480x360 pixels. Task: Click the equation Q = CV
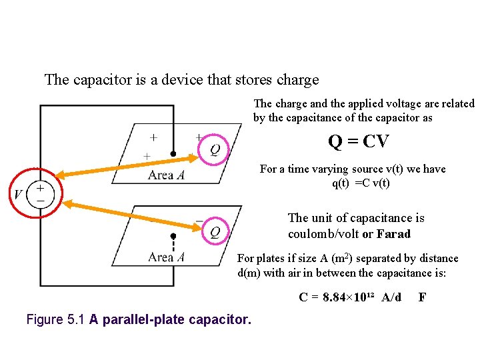[x=358, y=142]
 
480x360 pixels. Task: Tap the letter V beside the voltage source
[x=18, y=194]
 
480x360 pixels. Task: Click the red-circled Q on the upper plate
[x=215, y=149]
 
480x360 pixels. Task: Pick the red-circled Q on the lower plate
[x=215, y=232]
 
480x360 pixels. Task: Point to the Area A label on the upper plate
[x=166, y=175]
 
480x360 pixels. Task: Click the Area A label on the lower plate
[x=166, y=257]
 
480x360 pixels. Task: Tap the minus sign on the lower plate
[x=199, y=221]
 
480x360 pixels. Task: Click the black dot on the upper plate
[x=173, y=154]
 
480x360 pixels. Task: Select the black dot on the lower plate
[x=173, y=236]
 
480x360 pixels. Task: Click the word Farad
[x=393, y=234]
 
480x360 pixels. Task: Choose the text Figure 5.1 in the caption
[x=55, y=320]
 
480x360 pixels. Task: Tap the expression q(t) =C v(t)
[x=361, y=183]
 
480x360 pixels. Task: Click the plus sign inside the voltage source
[x=40, y=189]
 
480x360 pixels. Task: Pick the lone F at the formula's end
[x=422, y=297]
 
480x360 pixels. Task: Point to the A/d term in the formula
[x=391, y=297]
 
